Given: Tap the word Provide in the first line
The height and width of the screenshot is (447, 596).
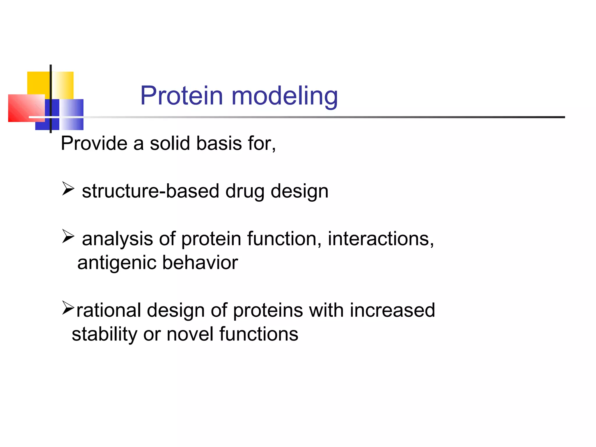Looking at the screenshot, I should [94, 143].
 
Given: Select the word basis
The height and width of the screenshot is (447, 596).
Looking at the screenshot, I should [219, 143].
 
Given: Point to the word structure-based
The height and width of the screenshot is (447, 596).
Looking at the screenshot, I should [150, 191].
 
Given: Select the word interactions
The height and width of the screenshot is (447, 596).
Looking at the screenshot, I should [381, 239].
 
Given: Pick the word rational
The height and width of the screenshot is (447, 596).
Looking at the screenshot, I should [109, 310].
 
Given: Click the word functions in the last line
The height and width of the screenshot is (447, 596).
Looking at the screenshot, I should [259, 334].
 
